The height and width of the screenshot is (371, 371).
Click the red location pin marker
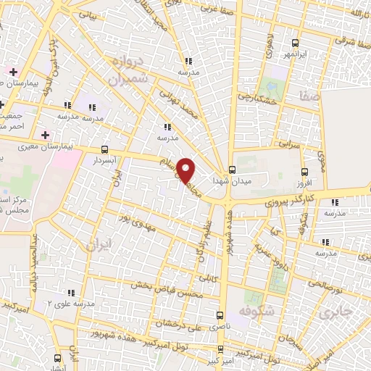pyautogui.click(x=187, y=171)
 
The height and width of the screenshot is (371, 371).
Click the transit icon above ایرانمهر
pyautogui.click(x=294, y=42)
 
